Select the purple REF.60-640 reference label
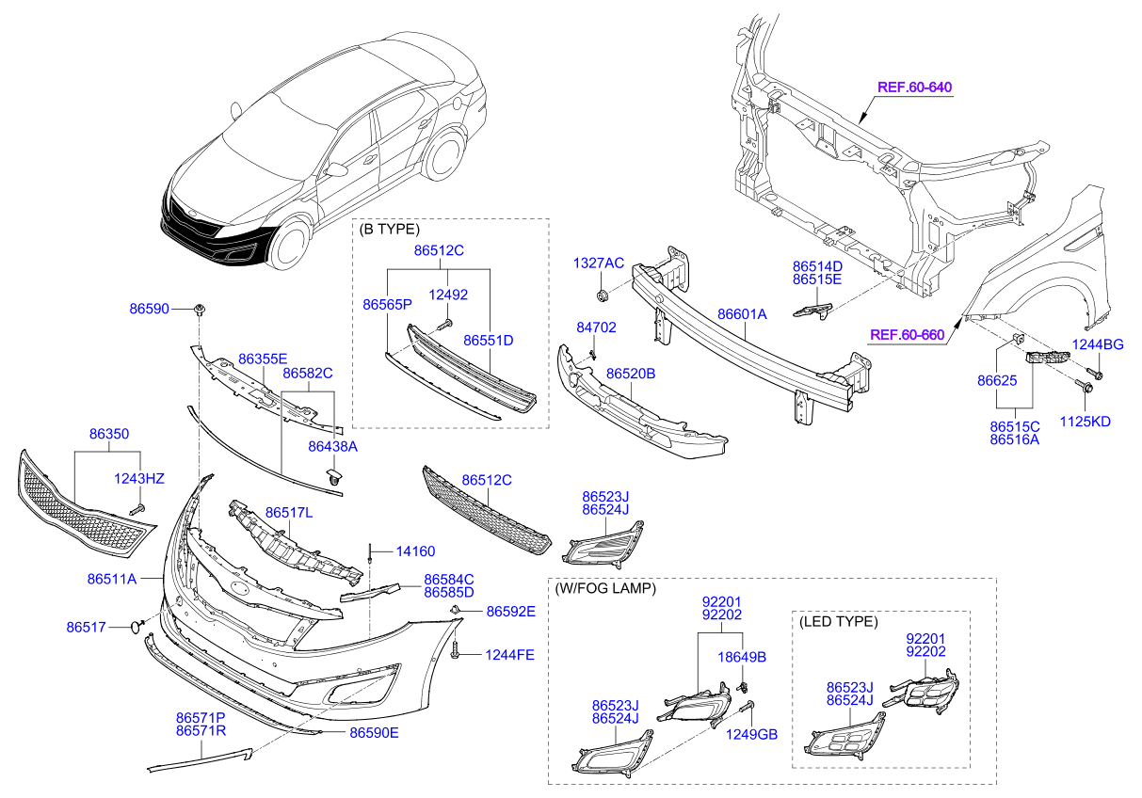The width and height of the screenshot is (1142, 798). tap(914, 88)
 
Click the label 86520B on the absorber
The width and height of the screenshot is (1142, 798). tap(630, 374)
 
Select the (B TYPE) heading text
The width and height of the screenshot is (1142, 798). tap(390, 229)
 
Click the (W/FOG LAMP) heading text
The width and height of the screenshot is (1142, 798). tap(604, 588)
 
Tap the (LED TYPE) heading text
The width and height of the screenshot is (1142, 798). tap(837, 622)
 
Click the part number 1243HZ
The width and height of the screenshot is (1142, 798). tap(139, 479)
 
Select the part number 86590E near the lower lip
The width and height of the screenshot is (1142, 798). tap(374, 732)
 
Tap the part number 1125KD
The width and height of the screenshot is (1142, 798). tap(1086, 422)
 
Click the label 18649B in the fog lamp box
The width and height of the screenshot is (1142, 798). tap(742, 657)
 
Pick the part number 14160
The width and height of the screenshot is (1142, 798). tap(415, 551)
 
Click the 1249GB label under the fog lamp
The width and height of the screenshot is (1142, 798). tap(751, 734)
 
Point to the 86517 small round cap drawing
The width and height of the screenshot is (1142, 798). tap(136, 626)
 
